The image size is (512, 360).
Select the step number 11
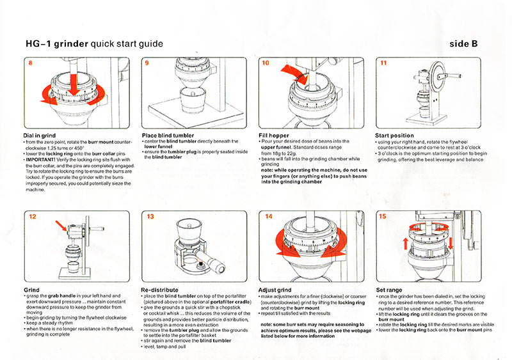pos(384,64)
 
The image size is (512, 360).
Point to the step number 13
pos(150,217)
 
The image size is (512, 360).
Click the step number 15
pos(384,217)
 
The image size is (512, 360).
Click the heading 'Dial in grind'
pos(41,136)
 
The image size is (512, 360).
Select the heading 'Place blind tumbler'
pos(167,136)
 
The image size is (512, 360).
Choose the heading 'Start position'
pos(397,136)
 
